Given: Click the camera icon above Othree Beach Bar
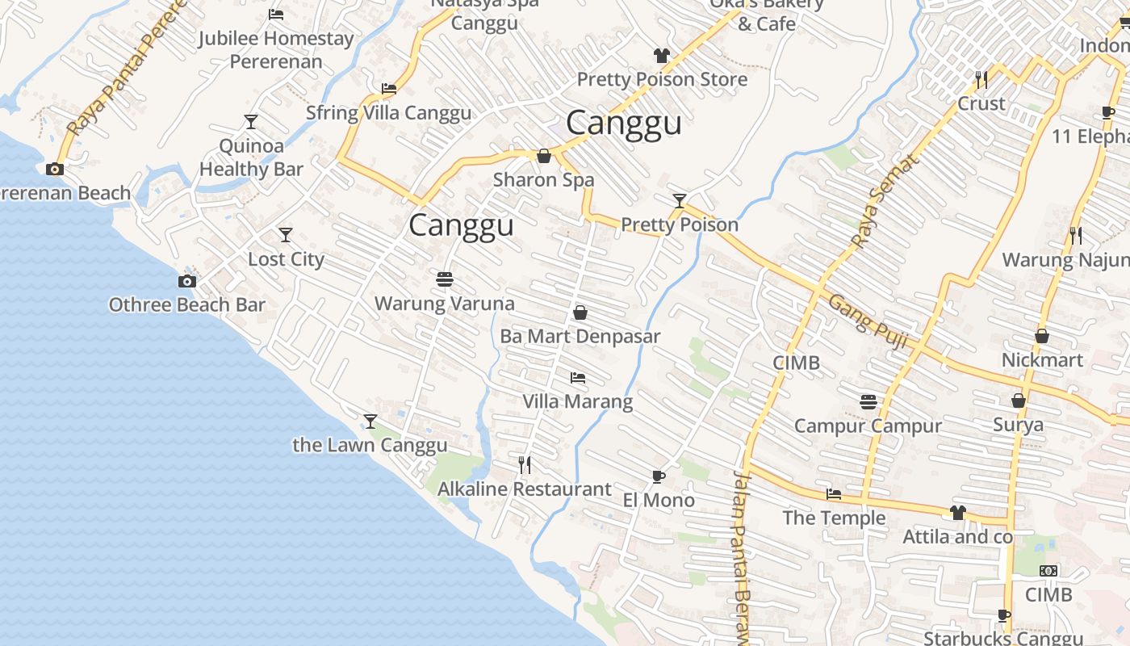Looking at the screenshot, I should (187, 281).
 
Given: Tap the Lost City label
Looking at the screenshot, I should (286, 259).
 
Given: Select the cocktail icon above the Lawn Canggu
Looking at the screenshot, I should (370, 421).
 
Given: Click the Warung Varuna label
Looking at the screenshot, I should (444, 304).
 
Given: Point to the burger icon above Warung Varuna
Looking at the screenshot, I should (444, 279).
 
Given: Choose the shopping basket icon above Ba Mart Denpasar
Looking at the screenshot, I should (580, 312).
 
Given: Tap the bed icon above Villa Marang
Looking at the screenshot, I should (577, 377).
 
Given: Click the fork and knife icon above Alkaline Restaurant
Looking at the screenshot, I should (525, 464).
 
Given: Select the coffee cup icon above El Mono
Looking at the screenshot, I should (658, 476).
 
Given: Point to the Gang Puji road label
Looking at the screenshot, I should (868, 321).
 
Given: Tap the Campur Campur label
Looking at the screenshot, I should (868, 426).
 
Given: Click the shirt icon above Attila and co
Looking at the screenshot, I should (957, 512).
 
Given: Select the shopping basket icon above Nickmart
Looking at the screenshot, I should (1042, 335).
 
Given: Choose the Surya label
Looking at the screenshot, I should (1018, 424).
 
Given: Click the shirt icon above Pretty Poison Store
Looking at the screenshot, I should (662, 55).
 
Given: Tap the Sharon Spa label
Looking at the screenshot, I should (543, 179).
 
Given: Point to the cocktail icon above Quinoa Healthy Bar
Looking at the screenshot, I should (251, 122).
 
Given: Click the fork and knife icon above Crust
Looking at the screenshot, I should (981, 79).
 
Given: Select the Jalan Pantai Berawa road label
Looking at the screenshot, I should (742, 557).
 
